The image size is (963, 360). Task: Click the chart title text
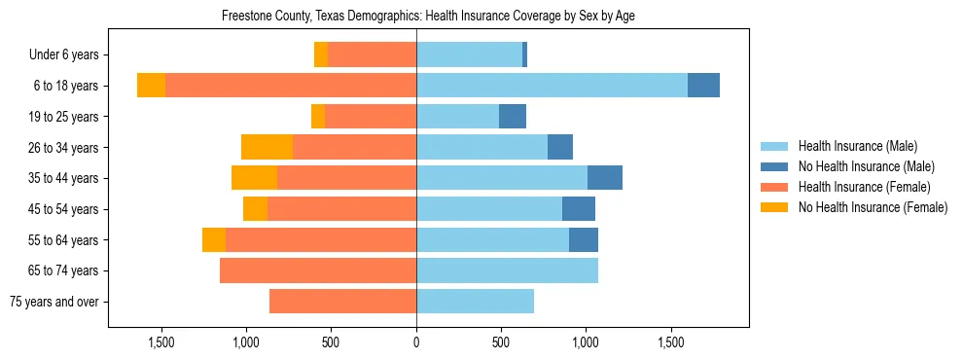tap(429, 17)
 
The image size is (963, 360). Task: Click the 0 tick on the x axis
tap(416, 342)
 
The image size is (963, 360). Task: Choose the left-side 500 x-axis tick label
tap(331, 342)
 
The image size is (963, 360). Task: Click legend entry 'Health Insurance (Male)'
tap(857, 146)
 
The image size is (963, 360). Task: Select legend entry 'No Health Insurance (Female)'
tap(873, 207)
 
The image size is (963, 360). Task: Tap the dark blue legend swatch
tap(775, 166)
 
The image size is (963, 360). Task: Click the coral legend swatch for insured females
tap(775, 187)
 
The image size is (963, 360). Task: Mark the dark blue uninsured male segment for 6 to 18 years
tap(703, 86)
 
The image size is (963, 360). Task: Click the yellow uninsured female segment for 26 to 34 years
tap(267, 147)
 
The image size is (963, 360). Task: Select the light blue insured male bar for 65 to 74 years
tap(507, 270)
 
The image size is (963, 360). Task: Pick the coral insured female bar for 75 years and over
tap(342, 302)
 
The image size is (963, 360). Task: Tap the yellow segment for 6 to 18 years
tap(151, 86)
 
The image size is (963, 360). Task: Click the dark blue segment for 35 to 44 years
tap(605, 178)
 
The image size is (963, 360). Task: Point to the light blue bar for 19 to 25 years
tap(457, 117)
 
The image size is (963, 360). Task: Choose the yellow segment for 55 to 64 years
tap(214, 239)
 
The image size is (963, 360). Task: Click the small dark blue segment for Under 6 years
tap(524, 54)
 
